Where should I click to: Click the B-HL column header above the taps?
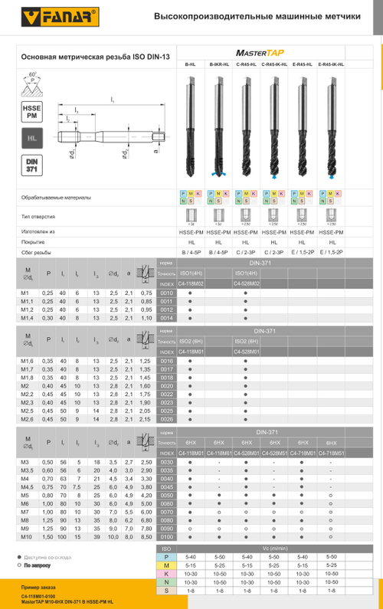[x=191, y=65]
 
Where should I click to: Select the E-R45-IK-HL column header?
[x=330, y=65]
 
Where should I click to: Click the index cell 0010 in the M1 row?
[x=166, y=293]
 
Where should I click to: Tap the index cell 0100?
[x=166, y=538]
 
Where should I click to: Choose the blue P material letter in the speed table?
[x=166, y=556]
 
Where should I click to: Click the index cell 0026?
[x=166, y=419]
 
